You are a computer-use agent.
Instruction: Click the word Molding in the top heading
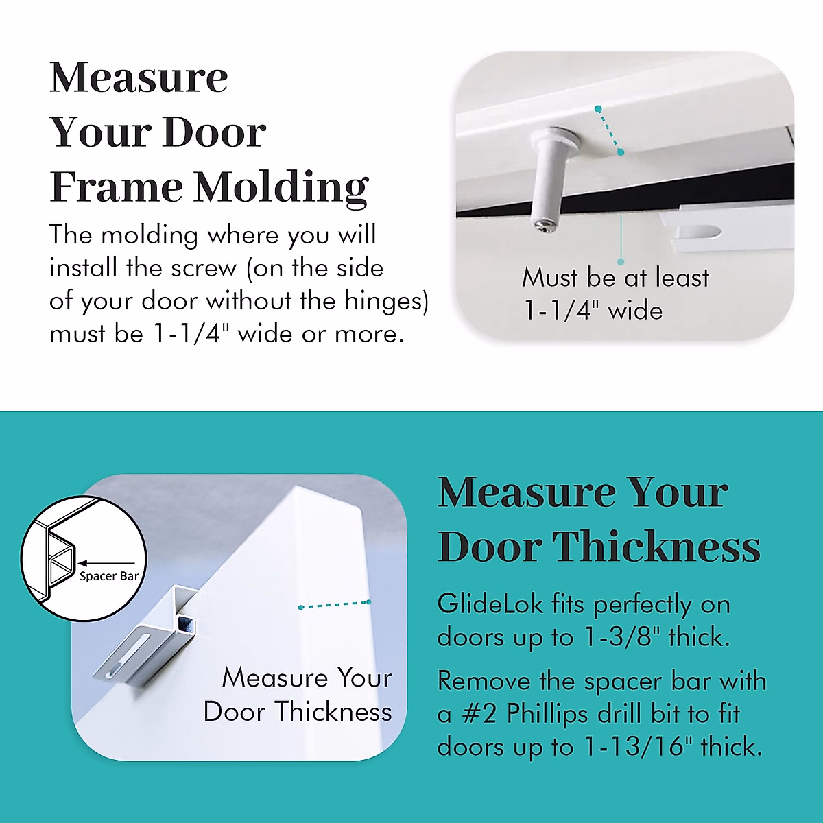coord(281,187)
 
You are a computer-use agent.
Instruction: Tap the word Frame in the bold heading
coord(115,187)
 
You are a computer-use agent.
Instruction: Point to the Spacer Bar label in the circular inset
coord(108,576)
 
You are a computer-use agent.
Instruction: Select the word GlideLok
coord(490,604)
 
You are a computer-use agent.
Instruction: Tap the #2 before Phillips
coord(479,714)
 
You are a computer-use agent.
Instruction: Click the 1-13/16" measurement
coord(638,746)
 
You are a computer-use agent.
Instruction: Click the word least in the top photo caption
coord(682,278)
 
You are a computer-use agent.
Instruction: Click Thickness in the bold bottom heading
coord(656,547)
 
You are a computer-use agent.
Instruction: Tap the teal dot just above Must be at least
coord(621,261)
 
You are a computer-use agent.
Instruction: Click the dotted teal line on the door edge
coord(335,605)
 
